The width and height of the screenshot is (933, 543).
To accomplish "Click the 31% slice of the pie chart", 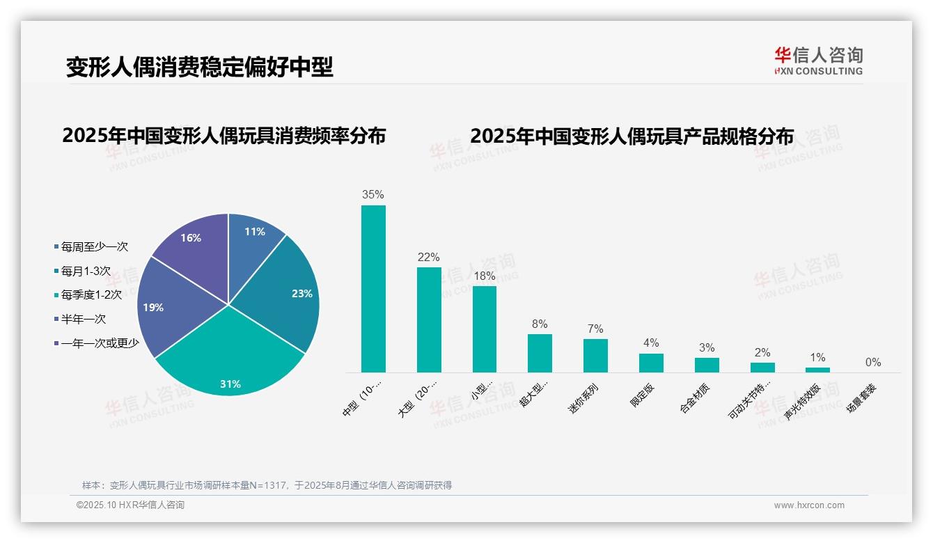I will [x=230, y=362].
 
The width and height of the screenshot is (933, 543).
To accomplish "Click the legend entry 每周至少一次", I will [x=94, y=246].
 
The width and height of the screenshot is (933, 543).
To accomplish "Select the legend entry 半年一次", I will [x=83, y=319].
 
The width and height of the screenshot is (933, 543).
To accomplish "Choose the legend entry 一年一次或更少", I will [x=100, y=343].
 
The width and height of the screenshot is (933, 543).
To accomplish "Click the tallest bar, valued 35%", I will [x=373, y=289].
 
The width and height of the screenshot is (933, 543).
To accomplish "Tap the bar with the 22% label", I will [x=429, y=320].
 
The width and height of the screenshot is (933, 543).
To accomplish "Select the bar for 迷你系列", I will [x=595, y=356].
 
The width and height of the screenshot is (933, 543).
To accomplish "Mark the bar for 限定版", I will [x=651, y=363].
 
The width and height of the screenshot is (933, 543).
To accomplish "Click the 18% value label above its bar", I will [x=484, y=276].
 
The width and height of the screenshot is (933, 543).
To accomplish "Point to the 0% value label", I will [x=873, y=362].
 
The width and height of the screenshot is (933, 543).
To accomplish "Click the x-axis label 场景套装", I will [x=861, y=399].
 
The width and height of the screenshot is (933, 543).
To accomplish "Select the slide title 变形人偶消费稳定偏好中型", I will [x=200, y=67].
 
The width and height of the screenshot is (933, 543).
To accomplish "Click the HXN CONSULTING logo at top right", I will [x=818, y=61].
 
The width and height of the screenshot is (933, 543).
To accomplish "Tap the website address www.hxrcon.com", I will [x=809, y=505].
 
